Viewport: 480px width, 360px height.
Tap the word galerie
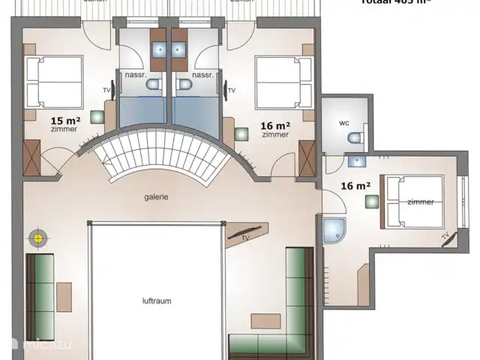click(x=157, y=197)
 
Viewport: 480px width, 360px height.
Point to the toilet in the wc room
click(x=357, y=137)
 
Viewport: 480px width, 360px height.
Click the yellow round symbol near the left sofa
click(x=36, y=238)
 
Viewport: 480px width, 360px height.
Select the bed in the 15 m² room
click(x=54, y=82)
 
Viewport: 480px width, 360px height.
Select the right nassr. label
click(x=202, y=75)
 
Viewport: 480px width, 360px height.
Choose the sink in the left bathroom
click(x=160, y=49)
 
